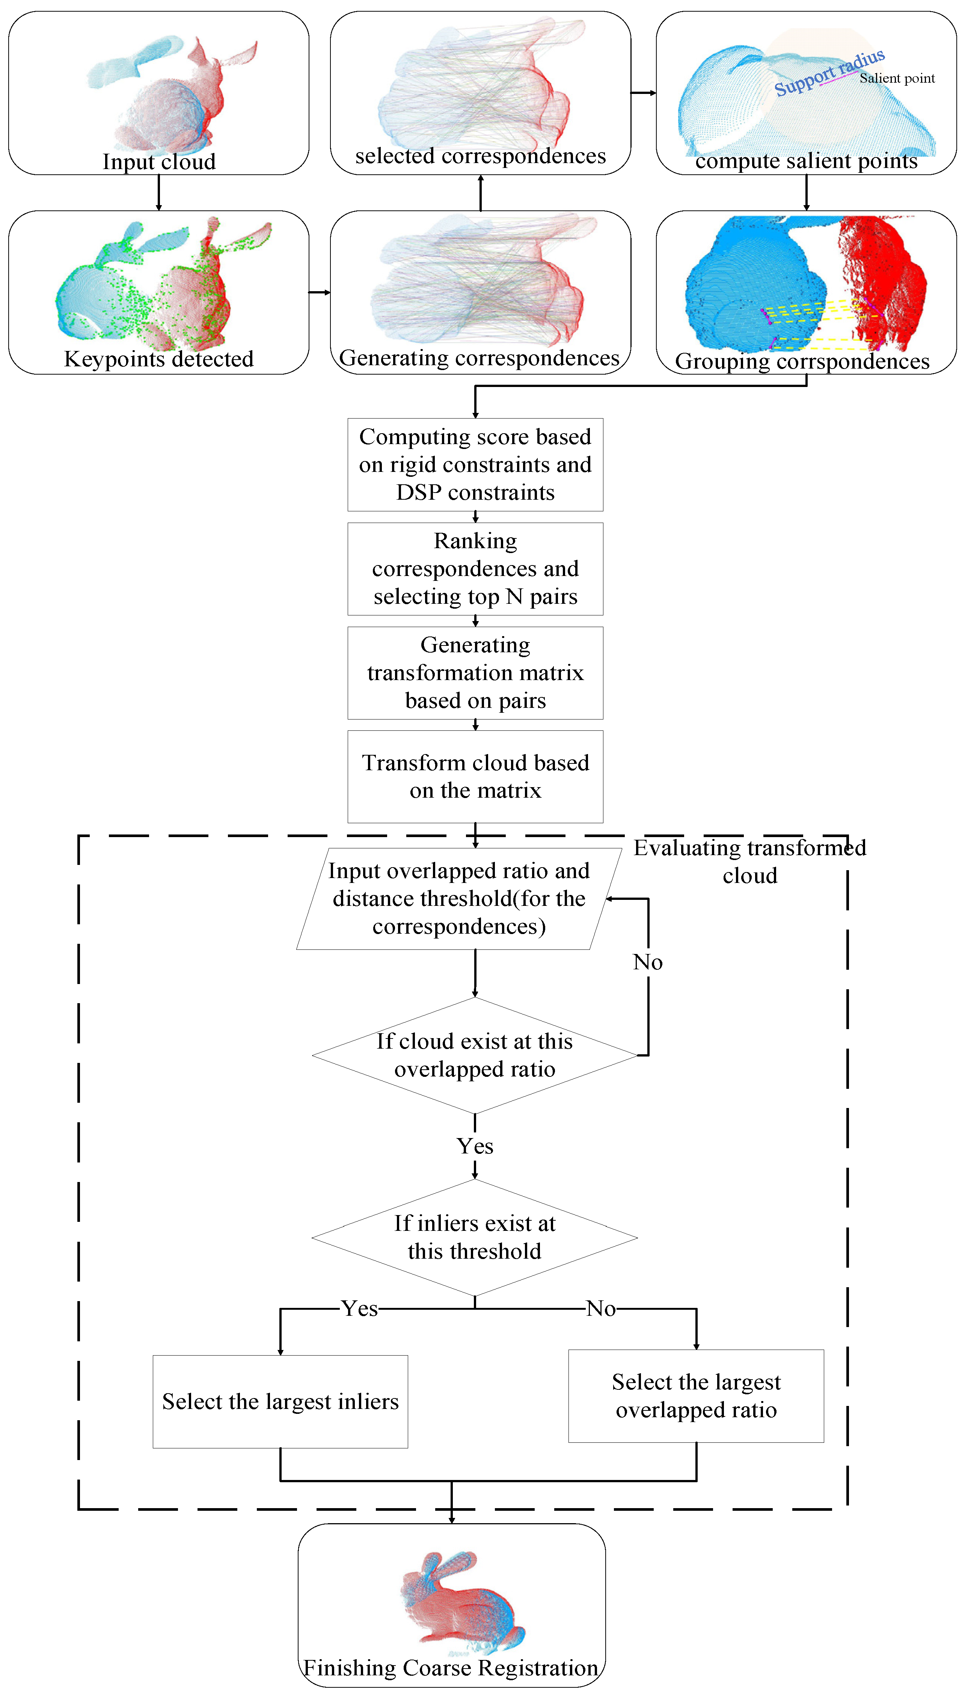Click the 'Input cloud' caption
point(159,162)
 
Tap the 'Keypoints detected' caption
point(159,359)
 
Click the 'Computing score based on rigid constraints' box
point(475,464)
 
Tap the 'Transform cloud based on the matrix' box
point(475,776)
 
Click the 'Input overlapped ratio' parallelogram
point(458,898)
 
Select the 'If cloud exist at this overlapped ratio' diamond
point(475,1055)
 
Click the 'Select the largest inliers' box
point(280,1401)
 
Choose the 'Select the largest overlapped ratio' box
point(696,1396)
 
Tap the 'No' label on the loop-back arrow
point(648,962)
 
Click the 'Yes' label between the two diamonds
point(475,1146)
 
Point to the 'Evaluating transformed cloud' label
point(749,861)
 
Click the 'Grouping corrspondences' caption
point(802,361)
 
